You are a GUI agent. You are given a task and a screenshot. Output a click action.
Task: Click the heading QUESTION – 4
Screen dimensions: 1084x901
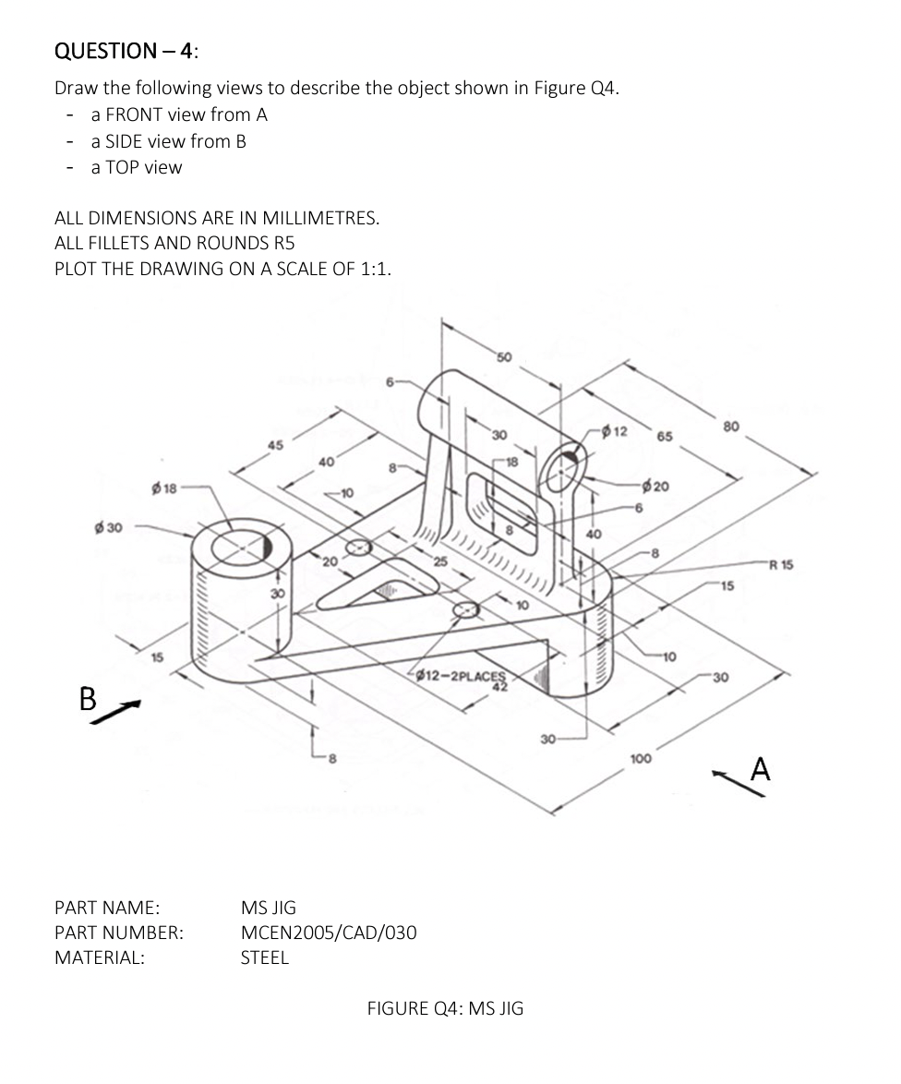click(126, 51)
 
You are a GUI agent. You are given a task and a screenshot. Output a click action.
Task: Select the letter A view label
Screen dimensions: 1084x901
click(760, 768)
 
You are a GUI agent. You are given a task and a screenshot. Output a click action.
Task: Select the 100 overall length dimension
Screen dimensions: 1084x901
click(640, 758)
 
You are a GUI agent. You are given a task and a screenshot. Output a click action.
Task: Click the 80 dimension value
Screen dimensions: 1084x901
click(731, 426)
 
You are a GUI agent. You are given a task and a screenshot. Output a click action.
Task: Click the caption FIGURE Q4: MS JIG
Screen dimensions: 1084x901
click(445, 1008)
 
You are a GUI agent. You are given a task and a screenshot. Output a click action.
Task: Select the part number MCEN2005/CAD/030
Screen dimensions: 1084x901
click(328, 933)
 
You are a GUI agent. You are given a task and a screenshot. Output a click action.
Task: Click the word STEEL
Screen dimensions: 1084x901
click(264, 958)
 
